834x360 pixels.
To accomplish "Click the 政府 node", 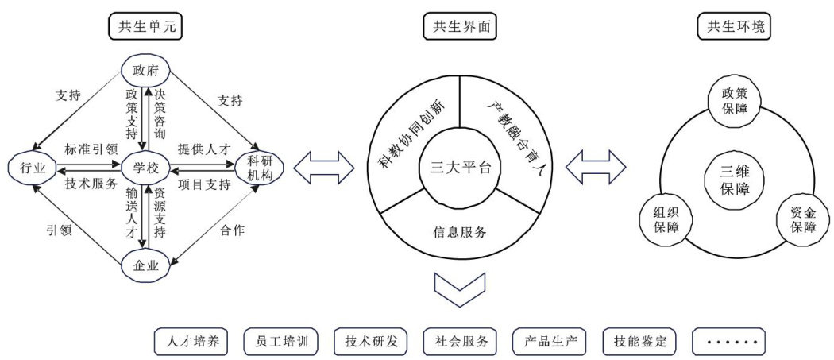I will pyautogui.click(x=145, y=72).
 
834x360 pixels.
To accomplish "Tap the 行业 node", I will pyautogui.click(x=25, y=168).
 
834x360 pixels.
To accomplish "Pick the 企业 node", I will pyautogui.click(x=145, y=266).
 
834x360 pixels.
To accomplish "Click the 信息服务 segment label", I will pyautogui.click(x=460, y=232).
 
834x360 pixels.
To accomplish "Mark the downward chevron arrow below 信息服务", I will pyautogui.click(x=460, y=289).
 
